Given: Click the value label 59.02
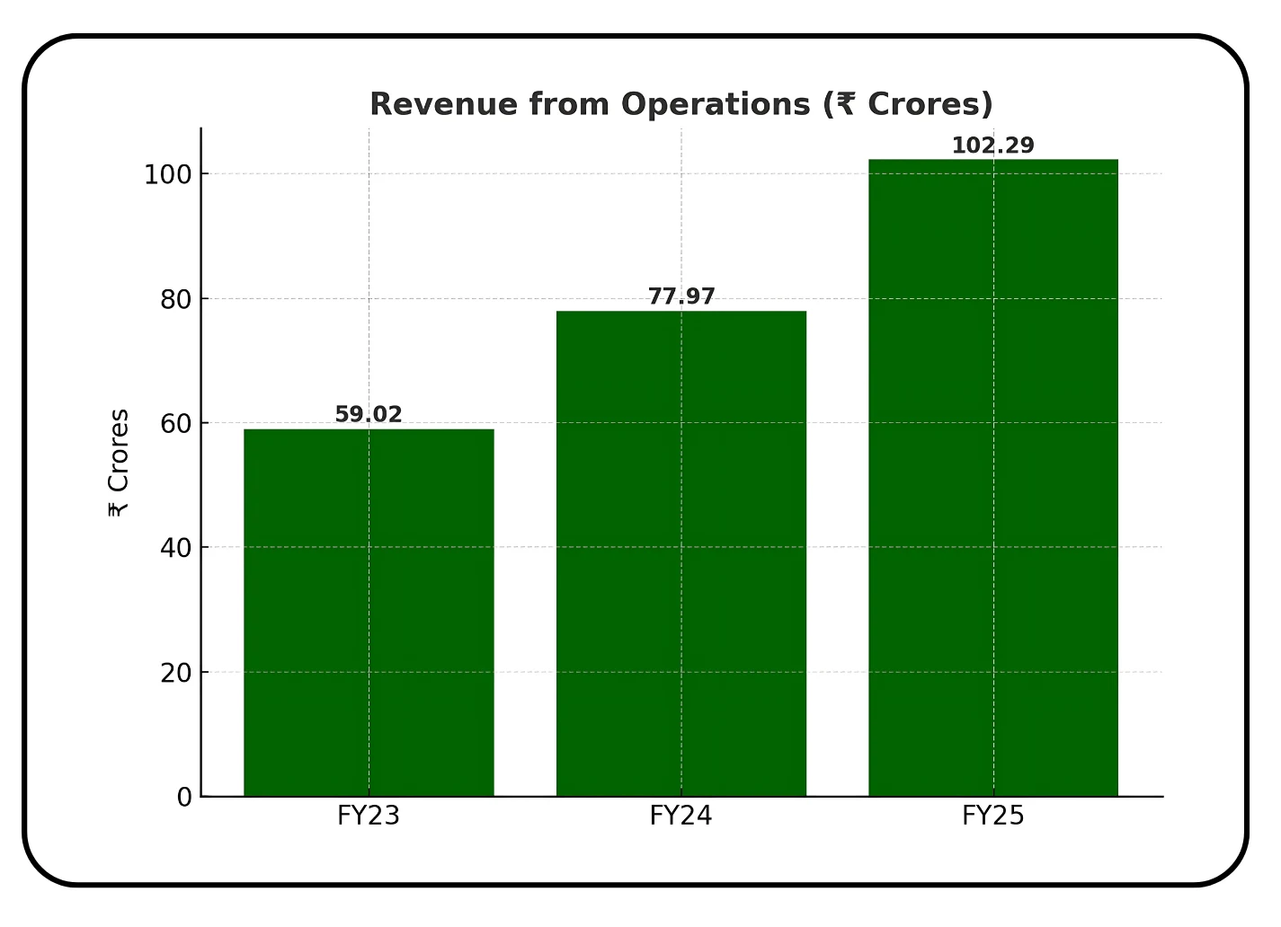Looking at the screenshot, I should (369, 415).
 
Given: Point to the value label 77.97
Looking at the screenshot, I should (681, 296).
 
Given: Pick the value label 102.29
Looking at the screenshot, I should (992, 146).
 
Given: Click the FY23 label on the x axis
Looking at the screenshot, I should (369, 816).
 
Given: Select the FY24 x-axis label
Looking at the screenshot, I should (681, 816).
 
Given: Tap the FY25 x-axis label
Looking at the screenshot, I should (992, 816).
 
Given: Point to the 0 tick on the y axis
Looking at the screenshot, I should (184, 797).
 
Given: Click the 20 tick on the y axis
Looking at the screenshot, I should (176, 672).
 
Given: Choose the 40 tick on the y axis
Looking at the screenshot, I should (176, 548).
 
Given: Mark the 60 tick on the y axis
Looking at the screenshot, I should (176, 423).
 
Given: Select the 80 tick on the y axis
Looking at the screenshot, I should (176, 299).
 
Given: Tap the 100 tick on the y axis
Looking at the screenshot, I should (168, 174).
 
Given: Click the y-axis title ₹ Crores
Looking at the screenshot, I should (119, 463).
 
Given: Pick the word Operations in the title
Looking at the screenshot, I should (716, 104).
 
